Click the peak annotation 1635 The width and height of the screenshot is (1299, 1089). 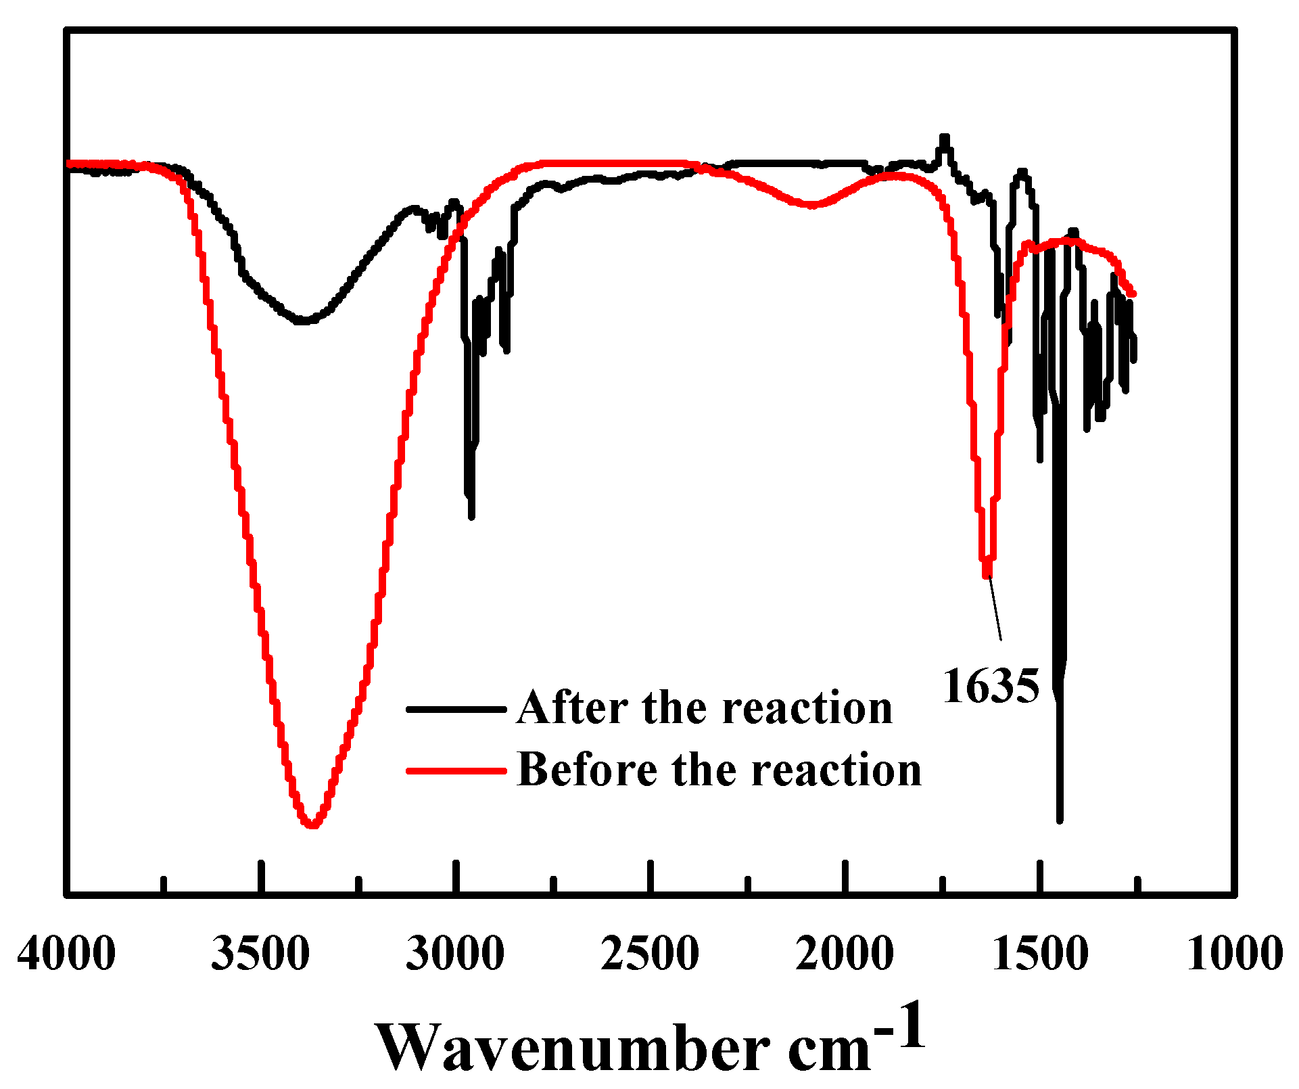(x=991, y=687)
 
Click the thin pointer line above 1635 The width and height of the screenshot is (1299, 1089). (x=995, y=609)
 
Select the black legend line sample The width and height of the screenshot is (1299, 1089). (x=456, y=710)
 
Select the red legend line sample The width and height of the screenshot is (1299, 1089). (x=456, y=770)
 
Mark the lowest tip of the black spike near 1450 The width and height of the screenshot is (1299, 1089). (x=1060, y=820)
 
